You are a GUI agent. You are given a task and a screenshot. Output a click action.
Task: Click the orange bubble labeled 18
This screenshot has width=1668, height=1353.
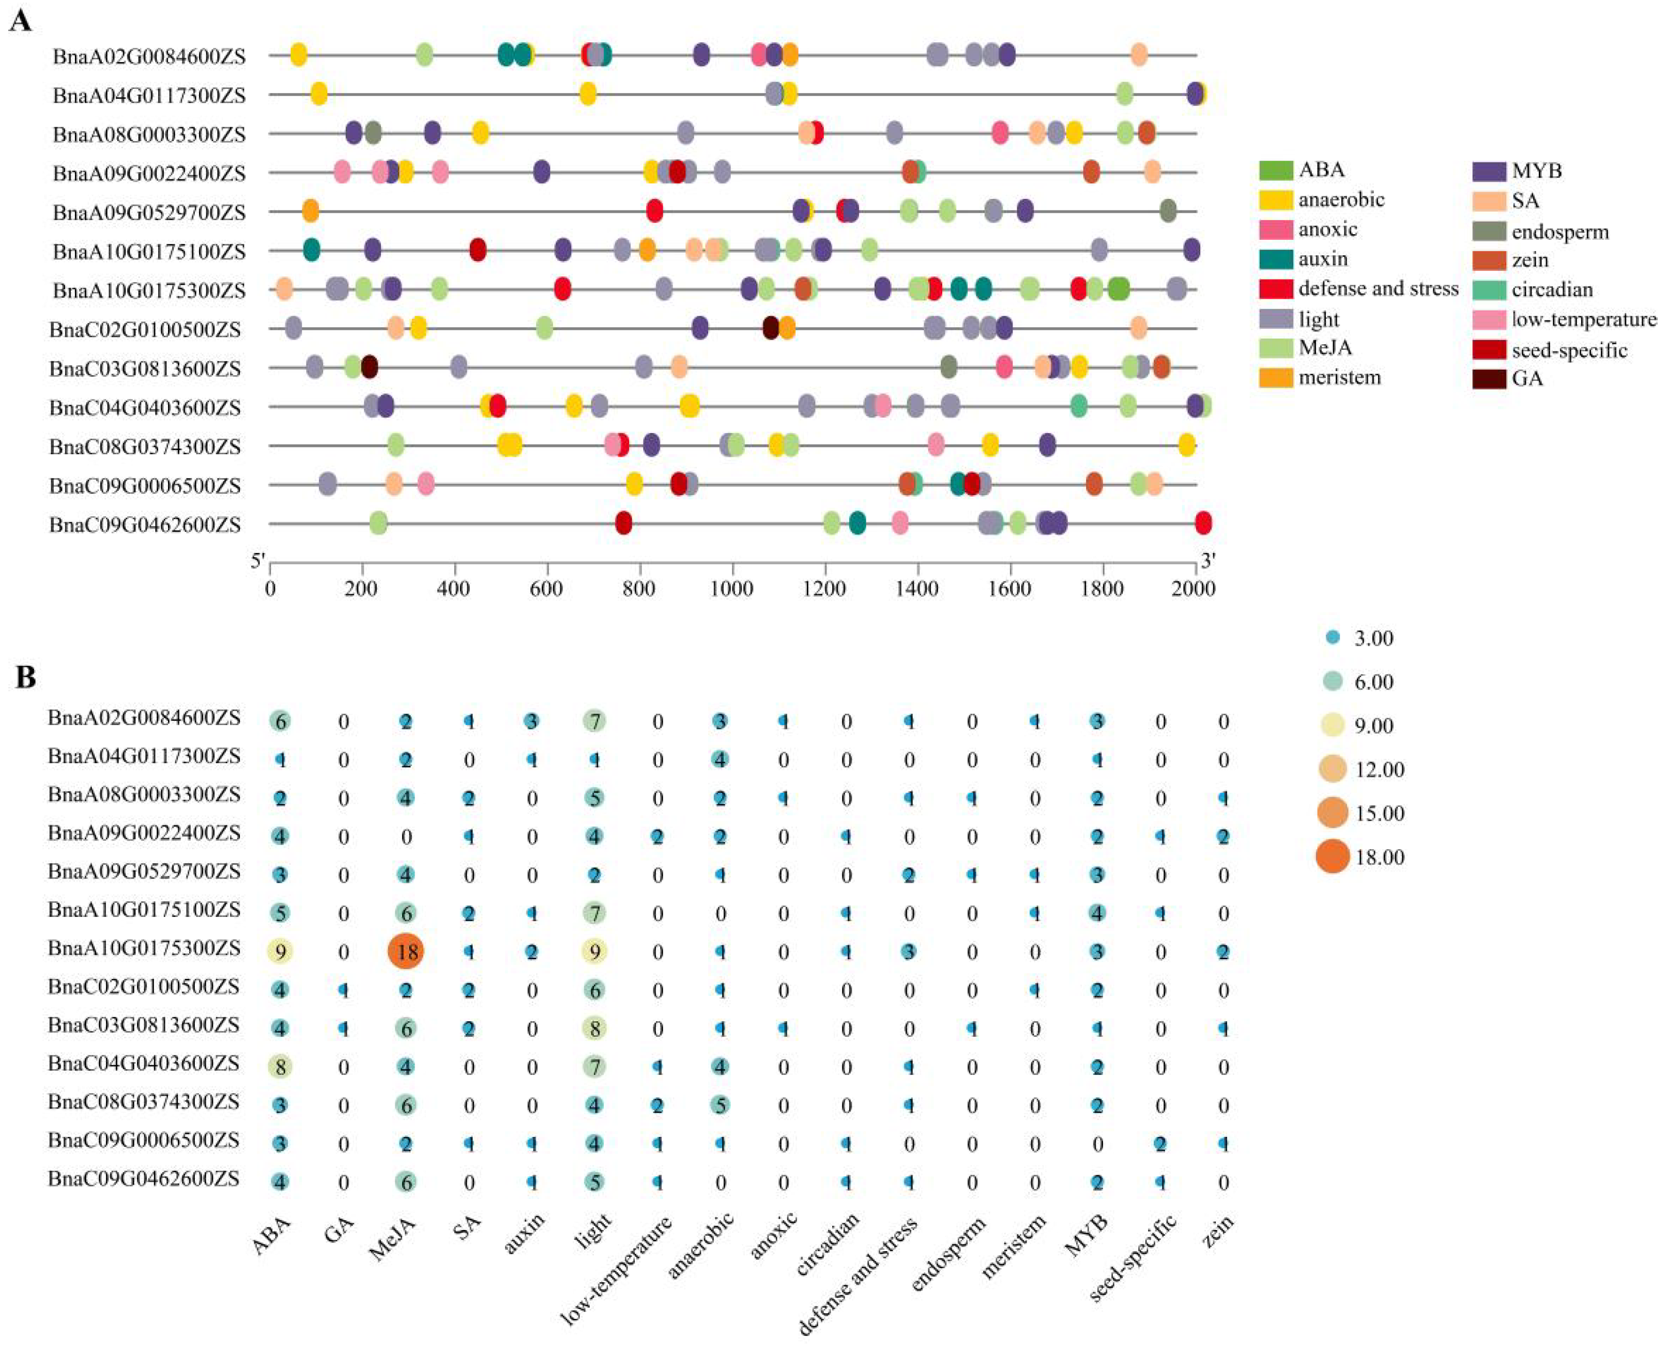406,951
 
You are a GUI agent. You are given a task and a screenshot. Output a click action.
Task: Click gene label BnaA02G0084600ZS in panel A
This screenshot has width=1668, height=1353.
149,56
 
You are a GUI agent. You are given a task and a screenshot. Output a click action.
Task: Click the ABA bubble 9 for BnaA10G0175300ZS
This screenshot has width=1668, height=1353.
281,951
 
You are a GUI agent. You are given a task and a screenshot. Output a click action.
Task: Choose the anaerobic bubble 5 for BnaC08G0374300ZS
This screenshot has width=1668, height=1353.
720,1104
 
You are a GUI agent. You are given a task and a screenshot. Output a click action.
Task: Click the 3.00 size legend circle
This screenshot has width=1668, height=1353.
1333,638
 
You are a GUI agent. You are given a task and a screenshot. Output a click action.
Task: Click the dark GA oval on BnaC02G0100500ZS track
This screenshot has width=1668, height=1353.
770,328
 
